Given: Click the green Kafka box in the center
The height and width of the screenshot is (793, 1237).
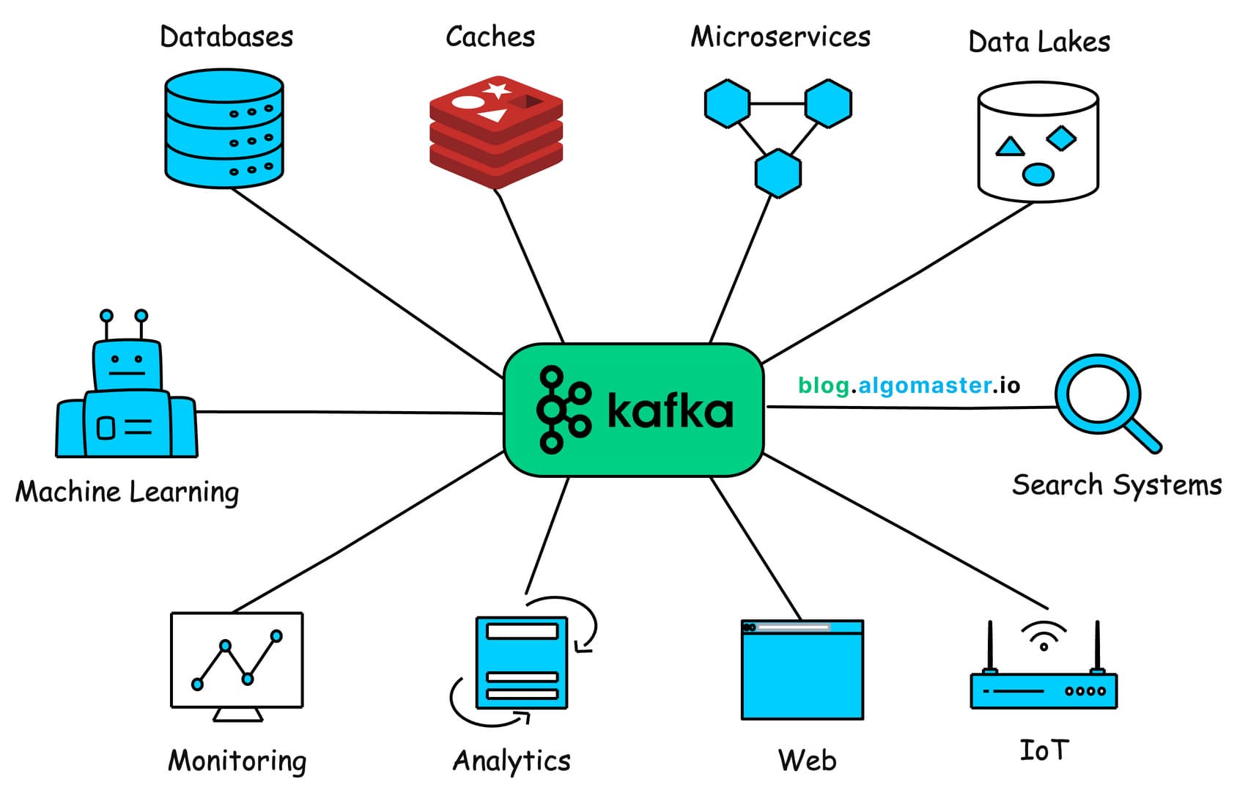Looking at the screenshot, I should pos(634,410).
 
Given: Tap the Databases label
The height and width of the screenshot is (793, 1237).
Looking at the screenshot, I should pos(226,37).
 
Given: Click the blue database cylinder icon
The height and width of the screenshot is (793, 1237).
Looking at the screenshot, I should pos(224,129).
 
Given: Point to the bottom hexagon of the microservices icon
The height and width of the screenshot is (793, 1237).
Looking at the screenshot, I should pos(778,174).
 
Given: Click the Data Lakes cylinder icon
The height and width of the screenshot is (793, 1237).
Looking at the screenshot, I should pos(1038,142).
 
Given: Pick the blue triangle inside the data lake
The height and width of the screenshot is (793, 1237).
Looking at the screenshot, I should pos(1010,147).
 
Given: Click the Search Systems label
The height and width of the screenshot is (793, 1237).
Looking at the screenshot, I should pos(1117,485).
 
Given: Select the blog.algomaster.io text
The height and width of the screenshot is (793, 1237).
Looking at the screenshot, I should pos(909,386).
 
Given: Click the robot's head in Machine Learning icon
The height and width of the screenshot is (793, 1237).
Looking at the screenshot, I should pos(127,364).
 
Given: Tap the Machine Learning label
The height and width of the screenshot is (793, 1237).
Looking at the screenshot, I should pos(127,492).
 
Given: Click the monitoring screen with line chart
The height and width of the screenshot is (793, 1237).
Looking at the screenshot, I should pos(237,660).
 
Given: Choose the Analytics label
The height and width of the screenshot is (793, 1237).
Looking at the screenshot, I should pos(512,761).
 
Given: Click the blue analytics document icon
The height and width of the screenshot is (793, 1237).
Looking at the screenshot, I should pos(522,663).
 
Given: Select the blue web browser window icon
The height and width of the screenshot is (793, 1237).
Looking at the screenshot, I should pos(802,670).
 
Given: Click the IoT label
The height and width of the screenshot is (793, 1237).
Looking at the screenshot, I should pos(1044,750).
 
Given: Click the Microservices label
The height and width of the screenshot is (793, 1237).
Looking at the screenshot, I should pos(780,37).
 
